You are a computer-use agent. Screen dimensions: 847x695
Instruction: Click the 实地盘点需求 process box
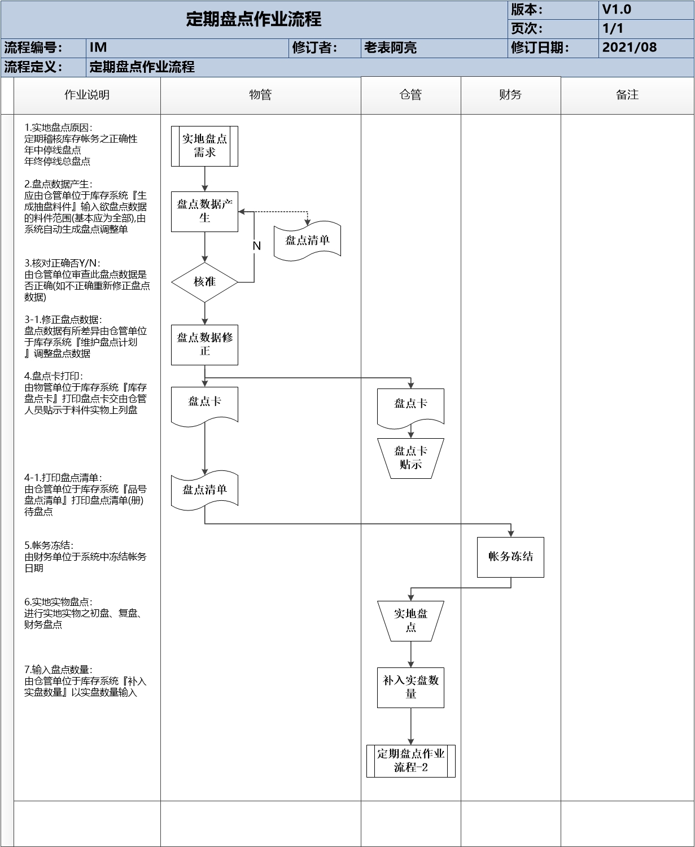click(204, 146)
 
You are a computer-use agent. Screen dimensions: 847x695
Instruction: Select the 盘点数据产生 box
click(204, 211)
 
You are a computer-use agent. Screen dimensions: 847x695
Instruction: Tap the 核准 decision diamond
click(204, 281)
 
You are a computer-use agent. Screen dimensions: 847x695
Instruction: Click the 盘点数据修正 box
click(204, 344)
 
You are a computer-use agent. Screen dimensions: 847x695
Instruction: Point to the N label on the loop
click(256, 246)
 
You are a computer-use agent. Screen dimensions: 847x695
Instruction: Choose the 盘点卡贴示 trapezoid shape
click(410, 458)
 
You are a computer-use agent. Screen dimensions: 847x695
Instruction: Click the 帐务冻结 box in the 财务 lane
click(510, 557)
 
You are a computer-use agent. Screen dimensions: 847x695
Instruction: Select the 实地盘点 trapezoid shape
click(410, 620)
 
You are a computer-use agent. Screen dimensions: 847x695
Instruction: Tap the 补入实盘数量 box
click(410, 687)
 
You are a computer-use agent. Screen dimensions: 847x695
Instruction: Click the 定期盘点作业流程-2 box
click(410, 761)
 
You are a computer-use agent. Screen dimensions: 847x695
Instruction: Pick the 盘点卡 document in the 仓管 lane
click(410, 404)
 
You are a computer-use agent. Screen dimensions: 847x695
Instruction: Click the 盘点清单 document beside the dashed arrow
click(307, 241)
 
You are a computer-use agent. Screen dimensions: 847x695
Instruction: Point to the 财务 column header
click(510, 95)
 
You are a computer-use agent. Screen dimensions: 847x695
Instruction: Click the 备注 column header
click(627, 95)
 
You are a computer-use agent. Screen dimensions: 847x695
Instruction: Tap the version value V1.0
click(617, 10)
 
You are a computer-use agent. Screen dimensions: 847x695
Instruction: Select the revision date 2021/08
click(630, 47)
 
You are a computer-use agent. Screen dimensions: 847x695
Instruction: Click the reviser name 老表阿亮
click(390, 48)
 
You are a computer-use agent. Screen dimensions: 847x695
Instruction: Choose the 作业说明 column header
click(87, 95)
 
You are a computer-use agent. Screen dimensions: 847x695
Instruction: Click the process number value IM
click(98, 48)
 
